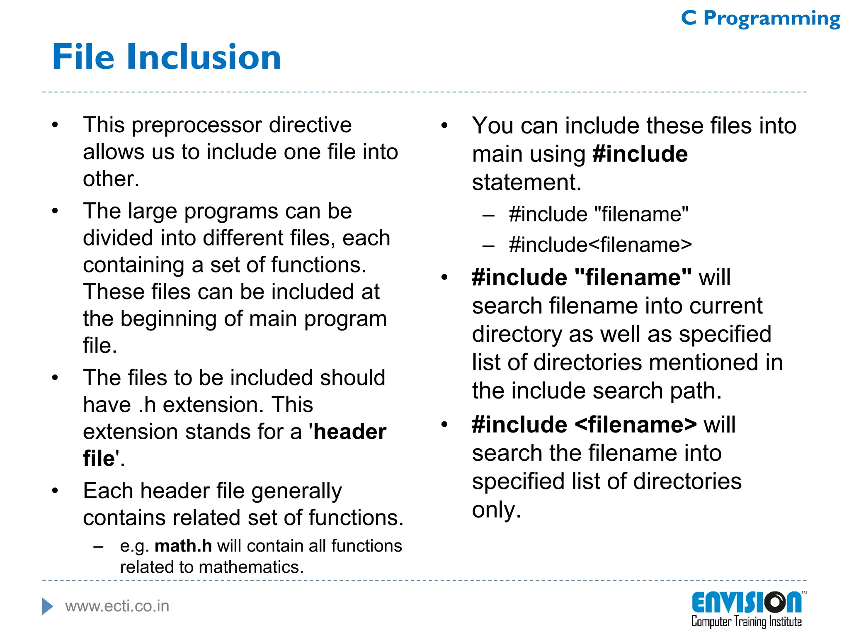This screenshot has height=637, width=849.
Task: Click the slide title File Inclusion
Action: tap(167, 57)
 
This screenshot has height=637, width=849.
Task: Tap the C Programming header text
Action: tap(761, 18)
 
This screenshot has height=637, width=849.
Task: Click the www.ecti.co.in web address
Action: tap(117, 606)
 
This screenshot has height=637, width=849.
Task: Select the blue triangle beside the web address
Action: tap(47, 606)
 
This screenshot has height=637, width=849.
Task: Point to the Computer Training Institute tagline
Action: tap(746, 622)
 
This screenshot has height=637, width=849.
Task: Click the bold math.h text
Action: tap(183, 546)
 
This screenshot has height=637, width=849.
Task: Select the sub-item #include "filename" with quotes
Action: tap(599, 214)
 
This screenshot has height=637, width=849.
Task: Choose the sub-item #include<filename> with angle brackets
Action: tap(600, 245)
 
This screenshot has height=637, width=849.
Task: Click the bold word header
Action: tap(350, 432)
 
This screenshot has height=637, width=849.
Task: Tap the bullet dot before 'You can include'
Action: tap(444, 125)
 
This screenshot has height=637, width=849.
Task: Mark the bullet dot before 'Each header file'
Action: tap(55, 491)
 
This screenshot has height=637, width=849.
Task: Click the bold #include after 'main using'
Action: tap(640, 154)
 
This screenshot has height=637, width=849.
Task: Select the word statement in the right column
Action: tap(526, 182)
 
